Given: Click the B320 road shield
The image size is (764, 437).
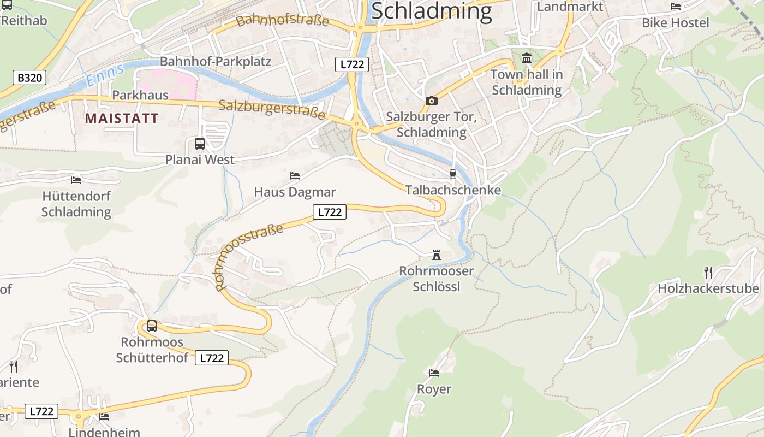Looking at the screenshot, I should click(29, 78).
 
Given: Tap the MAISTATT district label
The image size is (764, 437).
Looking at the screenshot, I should click(122, 119).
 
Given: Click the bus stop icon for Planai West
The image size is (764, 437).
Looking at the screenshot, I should click(200, 144).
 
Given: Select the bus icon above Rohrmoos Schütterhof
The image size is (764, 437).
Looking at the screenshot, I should click(152, 326).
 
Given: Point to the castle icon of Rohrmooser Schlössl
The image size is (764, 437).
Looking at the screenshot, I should click(436, 255).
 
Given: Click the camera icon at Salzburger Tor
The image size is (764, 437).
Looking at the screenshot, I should click(431, 101).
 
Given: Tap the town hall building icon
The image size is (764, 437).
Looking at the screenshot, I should click(527, 58).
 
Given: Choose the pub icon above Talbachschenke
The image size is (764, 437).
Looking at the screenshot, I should click(452, 174).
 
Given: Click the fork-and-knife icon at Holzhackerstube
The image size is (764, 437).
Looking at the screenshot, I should click(708, 272).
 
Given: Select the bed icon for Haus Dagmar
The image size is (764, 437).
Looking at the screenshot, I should click(295, 176).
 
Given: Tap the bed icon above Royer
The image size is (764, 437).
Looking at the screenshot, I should click(434, 373).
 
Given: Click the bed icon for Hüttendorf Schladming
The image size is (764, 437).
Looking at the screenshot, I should click(76, 180).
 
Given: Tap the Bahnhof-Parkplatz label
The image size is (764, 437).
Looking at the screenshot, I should click(216, 61).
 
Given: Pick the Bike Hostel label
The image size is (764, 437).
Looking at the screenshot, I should click(676, 23).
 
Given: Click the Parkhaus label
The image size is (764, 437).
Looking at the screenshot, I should click(140, 95).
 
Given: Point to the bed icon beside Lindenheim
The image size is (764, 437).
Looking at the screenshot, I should click(104, 416).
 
